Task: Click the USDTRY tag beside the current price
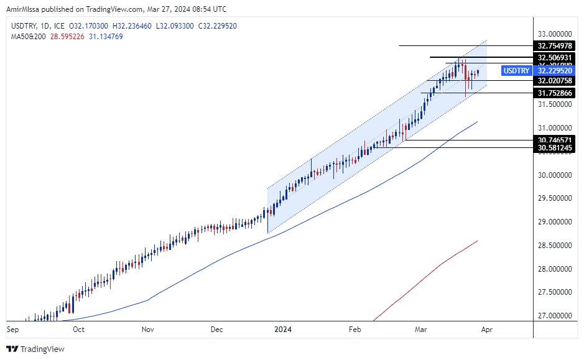coord(516,71)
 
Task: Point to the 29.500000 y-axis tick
coord(553,198)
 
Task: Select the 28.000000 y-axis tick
coord(553,269)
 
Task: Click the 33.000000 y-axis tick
coord(553,34)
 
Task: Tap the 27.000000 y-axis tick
coord(553,315)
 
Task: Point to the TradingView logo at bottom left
coord(35,349)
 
